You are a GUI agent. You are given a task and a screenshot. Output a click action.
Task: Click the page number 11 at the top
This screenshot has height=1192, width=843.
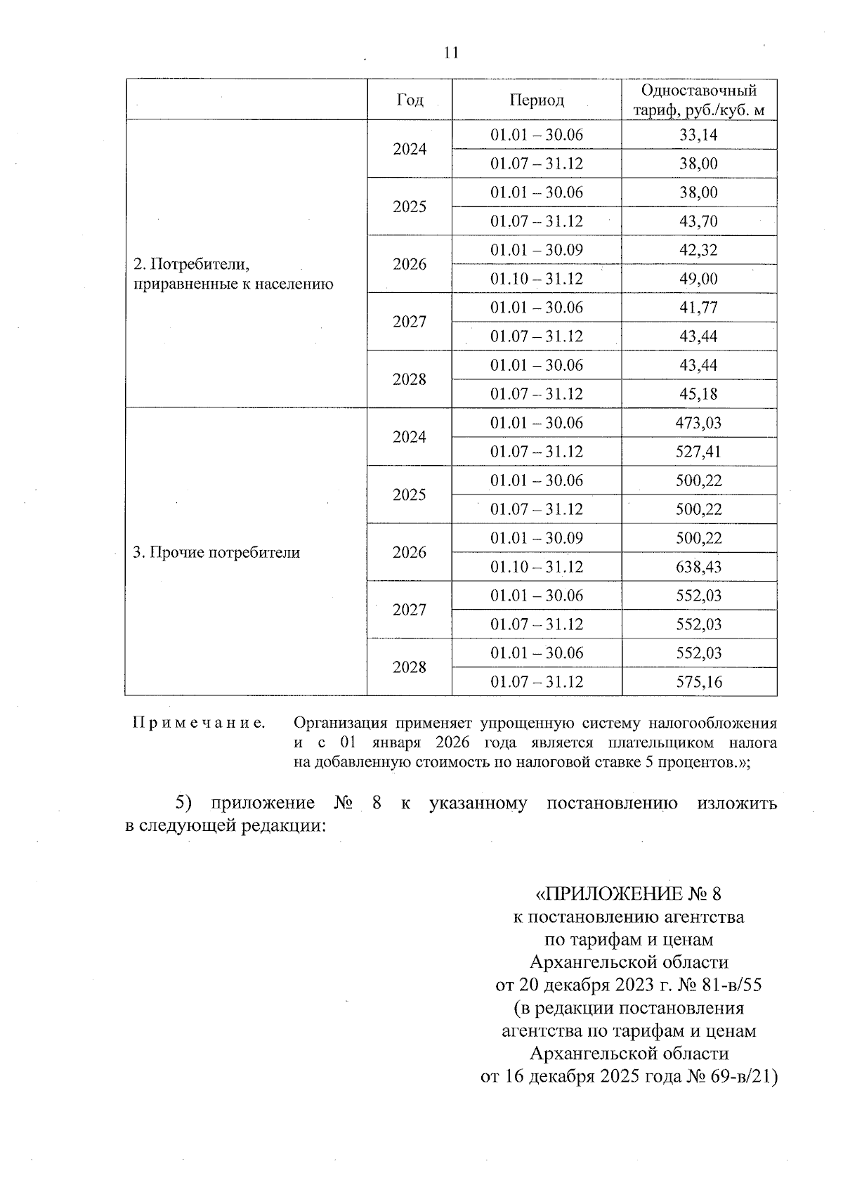(451, 53)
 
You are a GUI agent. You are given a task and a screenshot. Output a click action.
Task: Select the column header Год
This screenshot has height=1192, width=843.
(410, 100)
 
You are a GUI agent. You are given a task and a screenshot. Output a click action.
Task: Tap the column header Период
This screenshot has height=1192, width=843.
(537, 100)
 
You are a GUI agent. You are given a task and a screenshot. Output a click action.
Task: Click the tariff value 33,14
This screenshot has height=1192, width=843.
(698, 135)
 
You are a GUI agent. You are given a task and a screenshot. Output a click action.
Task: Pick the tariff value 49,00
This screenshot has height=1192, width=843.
(698, 279)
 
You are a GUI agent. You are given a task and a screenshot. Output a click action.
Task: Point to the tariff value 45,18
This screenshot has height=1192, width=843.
(698, 394)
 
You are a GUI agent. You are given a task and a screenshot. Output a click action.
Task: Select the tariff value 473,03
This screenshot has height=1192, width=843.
(698, 423)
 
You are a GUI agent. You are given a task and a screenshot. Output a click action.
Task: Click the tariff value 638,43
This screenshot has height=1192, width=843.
(698, 567)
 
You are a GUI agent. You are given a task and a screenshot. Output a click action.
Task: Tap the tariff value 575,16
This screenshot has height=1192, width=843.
(698, 682)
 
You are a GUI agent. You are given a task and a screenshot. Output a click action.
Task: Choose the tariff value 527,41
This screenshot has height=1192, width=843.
(698, 452)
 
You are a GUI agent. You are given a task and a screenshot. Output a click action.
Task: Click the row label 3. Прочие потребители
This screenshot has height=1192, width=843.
(216, 553)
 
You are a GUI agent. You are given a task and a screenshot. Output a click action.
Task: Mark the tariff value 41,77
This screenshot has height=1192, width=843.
(698, 308)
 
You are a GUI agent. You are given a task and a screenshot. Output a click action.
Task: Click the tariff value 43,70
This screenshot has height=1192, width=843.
(698, 221)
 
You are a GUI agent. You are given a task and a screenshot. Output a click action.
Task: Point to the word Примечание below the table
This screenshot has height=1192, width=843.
(199, 723)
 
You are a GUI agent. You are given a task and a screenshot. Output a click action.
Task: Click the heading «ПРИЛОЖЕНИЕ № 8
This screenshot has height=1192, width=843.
(628, 893)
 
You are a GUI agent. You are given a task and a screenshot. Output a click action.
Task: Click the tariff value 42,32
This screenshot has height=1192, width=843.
(698, 250)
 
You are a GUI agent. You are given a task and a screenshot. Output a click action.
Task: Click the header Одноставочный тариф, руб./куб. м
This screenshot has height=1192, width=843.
(699, 100)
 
